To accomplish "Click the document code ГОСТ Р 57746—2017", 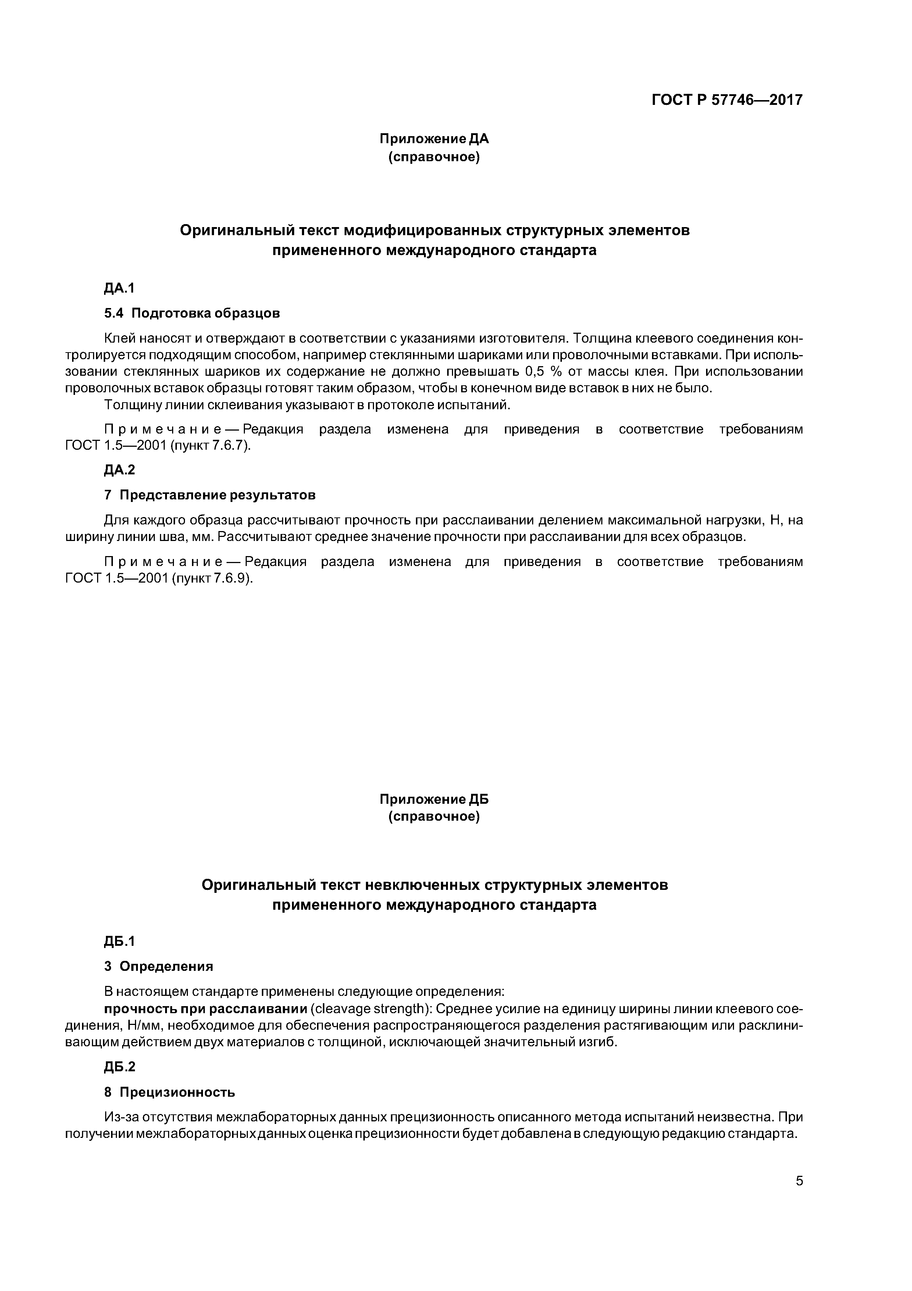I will point(727,100).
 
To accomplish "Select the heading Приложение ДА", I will point(434,138).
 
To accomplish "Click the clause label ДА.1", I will point(120,289).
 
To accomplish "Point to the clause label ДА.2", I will point(120,470).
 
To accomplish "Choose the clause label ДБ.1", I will point(120,941).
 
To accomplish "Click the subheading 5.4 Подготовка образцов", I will point(192,313).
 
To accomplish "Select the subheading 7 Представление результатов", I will point(210,495).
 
